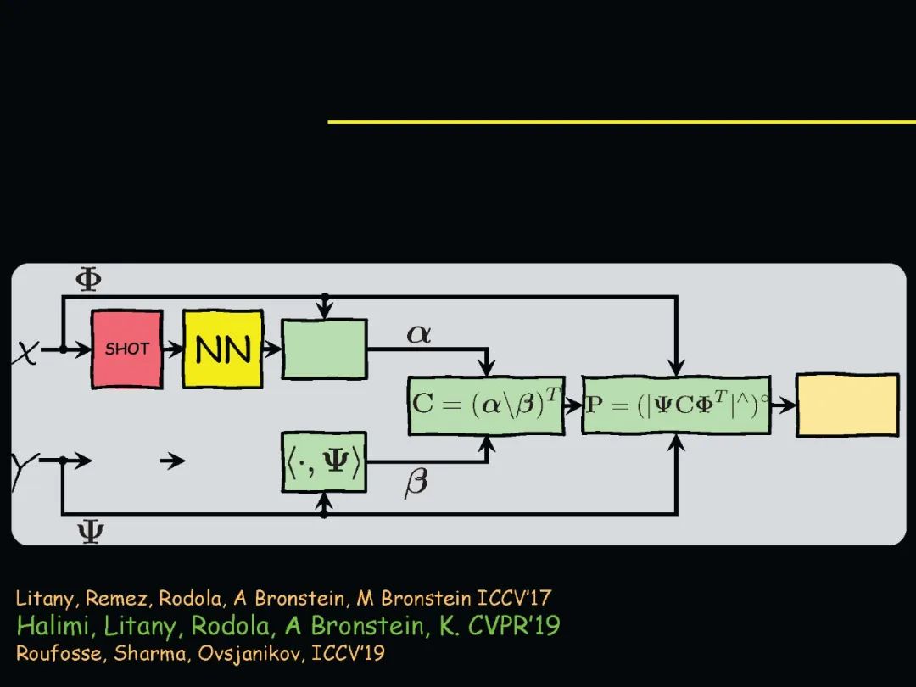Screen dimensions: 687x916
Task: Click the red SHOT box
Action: [126, 349]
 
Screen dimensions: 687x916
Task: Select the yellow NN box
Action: [223, 349]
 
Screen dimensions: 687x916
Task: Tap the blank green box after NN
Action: [324, 349]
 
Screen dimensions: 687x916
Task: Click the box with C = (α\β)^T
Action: [485, 405]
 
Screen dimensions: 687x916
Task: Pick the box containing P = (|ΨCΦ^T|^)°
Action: [676, 405]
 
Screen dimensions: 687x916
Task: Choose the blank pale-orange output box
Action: [846, 405]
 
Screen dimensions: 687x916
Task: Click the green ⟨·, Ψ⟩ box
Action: [323, 462]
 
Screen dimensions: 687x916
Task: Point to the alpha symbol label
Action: [419, 334]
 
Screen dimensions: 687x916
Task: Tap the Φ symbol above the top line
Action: [89, 280]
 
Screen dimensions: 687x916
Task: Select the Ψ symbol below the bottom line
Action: [90, 533]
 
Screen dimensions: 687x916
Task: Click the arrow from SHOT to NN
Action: [172, 349]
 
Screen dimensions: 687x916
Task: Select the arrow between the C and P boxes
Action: [572, 405]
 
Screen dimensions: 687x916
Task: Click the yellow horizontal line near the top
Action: [621, 121]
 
